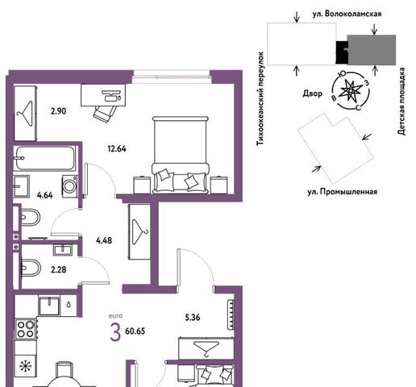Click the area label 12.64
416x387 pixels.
pos(117,148)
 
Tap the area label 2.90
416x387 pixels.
pos(59,111)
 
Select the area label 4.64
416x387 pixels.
pos(45,195)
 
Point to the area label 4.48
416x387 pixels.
pos(104,240)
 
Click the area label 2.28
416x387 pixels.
pos(59,269)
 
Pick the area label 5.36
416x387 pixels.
pos(193,318)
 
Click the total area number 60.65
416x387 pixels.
pos(135,331)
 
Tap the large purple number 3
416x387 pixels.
pos(115,332)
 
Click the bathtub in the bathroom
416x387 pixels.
pos(44,158)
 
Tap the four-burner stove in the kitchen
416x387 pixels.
pos(26,329)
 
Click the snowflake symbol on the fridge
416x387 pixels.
pos(26,366)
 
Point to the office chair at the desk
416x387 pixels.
pos(104,113)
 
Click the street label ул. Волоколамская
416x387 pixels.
pos(347,14)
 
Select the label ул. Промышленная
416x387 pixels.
pos(342,192)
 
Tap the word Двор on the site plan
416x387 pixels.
pos(313,94)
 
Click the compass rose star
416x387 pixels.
pos(350,91)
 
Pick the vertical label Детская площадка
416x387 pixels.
pos(401,101)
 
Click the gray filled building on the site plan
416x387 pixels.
pos(371,50)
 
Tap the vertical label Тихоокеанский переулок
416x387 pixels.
pos(260,99)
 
